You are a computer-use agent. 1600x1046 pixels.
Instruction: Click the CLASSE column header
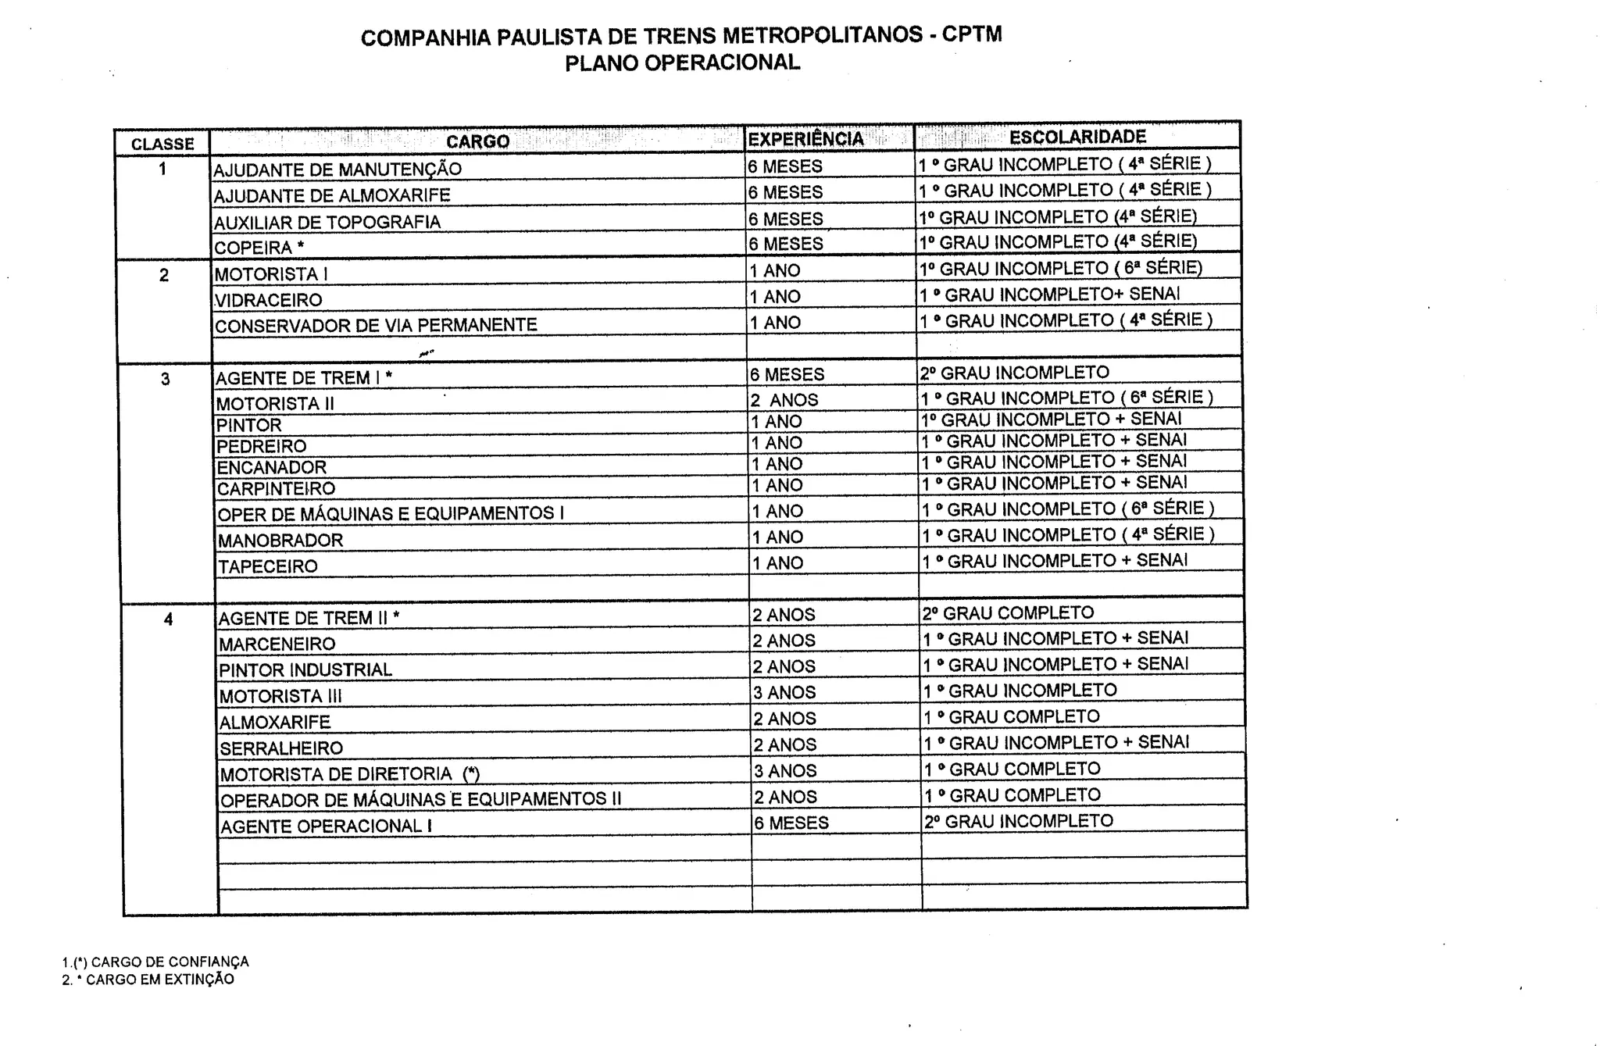point(162,144)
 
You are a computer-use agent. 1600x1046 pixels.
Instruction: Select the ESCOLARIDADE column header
point(1077,137)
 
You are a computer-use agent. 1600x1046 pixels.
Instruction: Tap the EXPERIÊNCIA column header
point(805,139)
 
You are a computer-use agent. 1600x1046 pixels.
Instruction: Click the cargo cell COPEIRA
point(259,248)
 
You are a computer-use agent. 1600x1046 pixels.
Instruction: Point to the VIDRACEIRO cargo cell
point(268,300)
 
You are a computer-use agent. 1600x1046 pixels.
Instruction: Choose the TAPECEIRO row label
point(267,566)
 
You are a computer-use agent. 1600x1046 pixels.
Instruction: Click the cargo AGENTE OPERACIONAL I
point(326,826)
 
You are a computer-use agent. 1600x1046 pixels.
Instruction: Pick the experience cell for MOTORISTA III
point(784,693)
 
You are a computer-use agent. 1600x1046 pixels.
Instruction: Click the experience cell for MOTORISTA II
point(784,400)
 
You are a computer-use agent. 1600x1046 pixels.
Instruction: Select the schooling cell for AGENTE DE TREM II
point(1008,613)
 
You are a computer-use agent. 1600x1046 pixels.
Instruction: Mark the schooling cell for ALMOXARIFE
point(1012,717)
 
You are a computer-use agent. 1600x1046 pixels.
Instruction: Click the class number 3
point(165,380)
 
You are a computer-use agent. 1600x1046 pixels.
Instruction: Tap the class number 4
point(168,620)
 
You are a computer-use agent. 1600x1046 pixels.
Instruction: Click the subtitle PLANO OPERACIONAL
point(682,63)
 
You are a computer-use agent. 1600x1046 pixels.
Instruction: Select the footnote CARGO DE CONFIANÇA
point(169,962)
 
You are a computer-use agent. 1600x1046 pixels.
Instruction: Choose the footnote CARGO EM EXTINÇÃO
point(159,980)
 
